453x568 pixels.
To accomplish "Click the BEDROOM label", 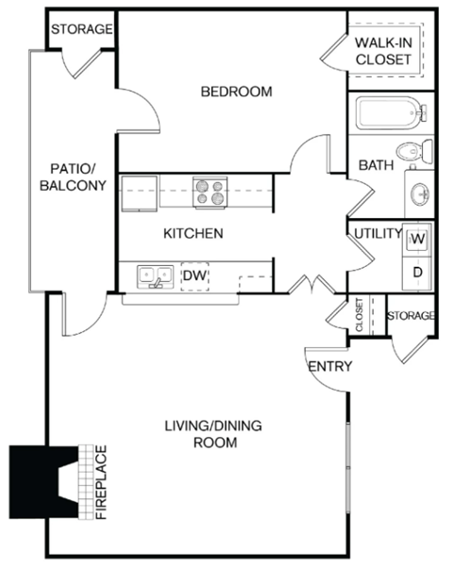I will (237, 92).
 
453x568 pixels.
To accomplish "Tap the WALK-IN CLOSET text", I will (383, 51).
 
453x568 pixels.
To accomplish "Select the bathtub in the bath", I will (389, 115).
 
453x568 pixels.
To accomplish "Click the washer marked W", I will (416, 240).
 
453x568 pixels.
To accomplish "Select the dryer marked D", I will (416, 273).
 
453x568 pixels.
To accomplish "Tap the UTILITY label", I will (376, 233).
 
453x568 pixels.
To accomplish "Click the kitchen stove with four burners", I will (210, 192).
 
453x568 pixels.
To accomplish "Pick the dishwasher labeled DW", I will (193, 276).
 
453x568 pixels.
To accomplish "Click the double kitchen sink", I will (153, 276).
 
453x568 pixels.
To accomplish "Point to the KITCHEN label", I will (193, 233).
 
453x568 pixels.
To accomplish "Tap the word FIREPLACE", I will (101, 482).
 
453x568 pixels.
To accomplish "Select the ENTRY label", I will (329, 366).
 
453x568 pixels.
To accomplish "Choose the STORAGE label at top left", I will (81, 29).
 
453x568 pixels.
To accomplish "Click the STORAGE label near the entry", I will (411, 315).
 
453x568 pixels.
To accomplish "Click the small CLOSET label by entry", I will (360, 315).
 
